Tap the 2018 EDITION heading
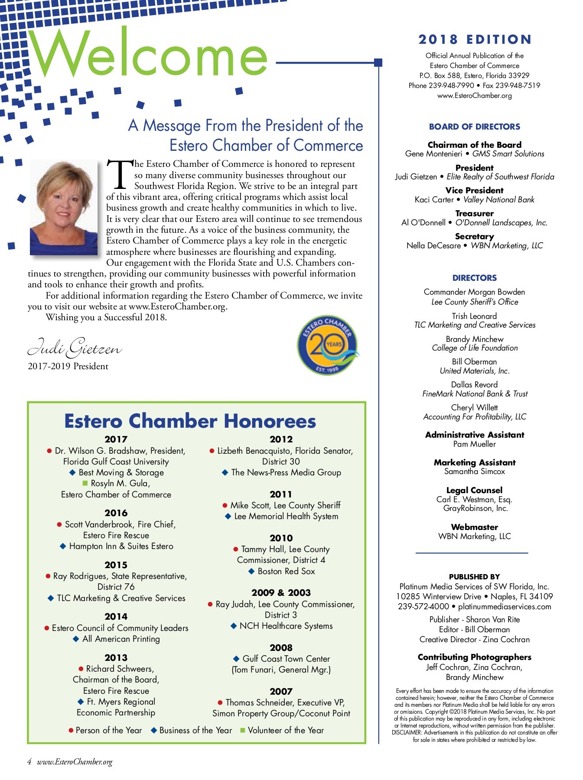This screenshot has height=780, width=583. pyautogui.click(x=475, y=39)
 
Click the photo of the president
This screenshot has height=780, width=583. pyautogui.click(x=64, y=207)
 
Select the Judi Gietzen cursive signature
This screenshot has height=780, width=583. pyautogui.click(x=75, y=348)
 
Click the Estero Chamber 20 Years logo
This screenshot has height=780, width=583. pyautogui.click(x=328, y=345)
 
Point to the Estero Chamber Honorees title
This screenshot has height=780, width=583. pyautogui.click(x=190, y=421)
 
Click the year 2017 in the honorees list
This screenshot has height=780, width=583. pyautogui.click(x=116, y=439)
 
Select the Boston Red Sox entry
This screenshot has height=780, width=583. pyautogui.click(x=286, y=571)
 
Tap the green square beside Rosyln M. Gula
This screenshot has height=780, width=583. pyautogui.click(x=85, y=483)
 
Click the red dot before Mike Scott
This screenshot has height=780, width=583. pyautogui.click(x=225, y=505)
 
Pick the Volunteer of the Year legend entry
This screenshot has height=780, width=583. pyautogui.click(x=286, y=730)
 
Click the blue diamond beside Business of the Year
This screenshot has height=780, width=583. pyautogui.click(x=153, y=730)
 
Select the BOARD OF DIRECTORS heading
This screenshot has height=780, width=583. pyautogui.click(x=474, y=127)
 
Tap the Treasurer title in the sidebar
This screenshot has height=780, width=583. pyautogui.click(x=474, y=213)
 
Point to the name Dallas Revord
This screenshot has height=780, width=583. pyautogui.click(x=474, y=384)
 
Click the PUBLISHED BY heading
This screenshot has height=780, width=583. pyautogui.click(x=474, y=577)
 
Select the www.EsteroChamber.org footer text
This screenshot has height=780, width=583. pyautogui.click(x=75, y=762)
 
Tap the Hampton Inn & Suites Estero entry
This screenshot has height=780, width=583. pyautogui.click(x=121, y=546)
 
